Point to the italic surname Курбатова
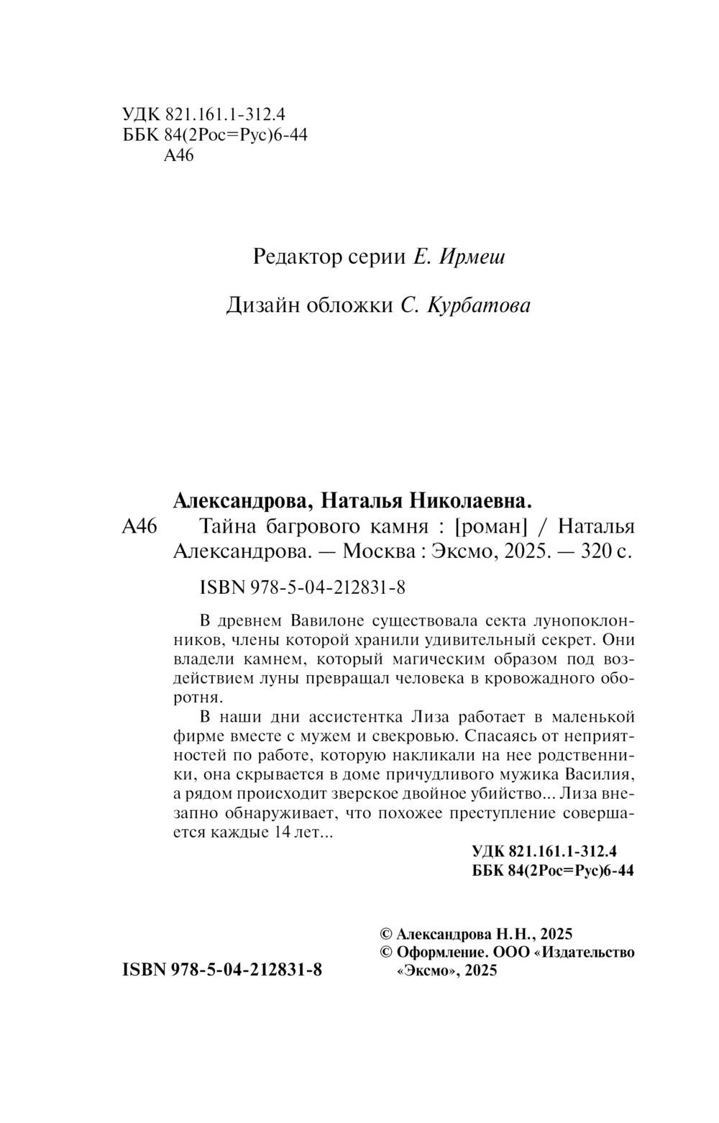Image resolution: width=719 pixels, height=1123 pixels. click(x=478, y=306)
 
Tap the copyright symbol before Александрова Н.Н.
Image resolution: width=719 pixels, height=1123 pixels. click(x=385, y=934)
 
